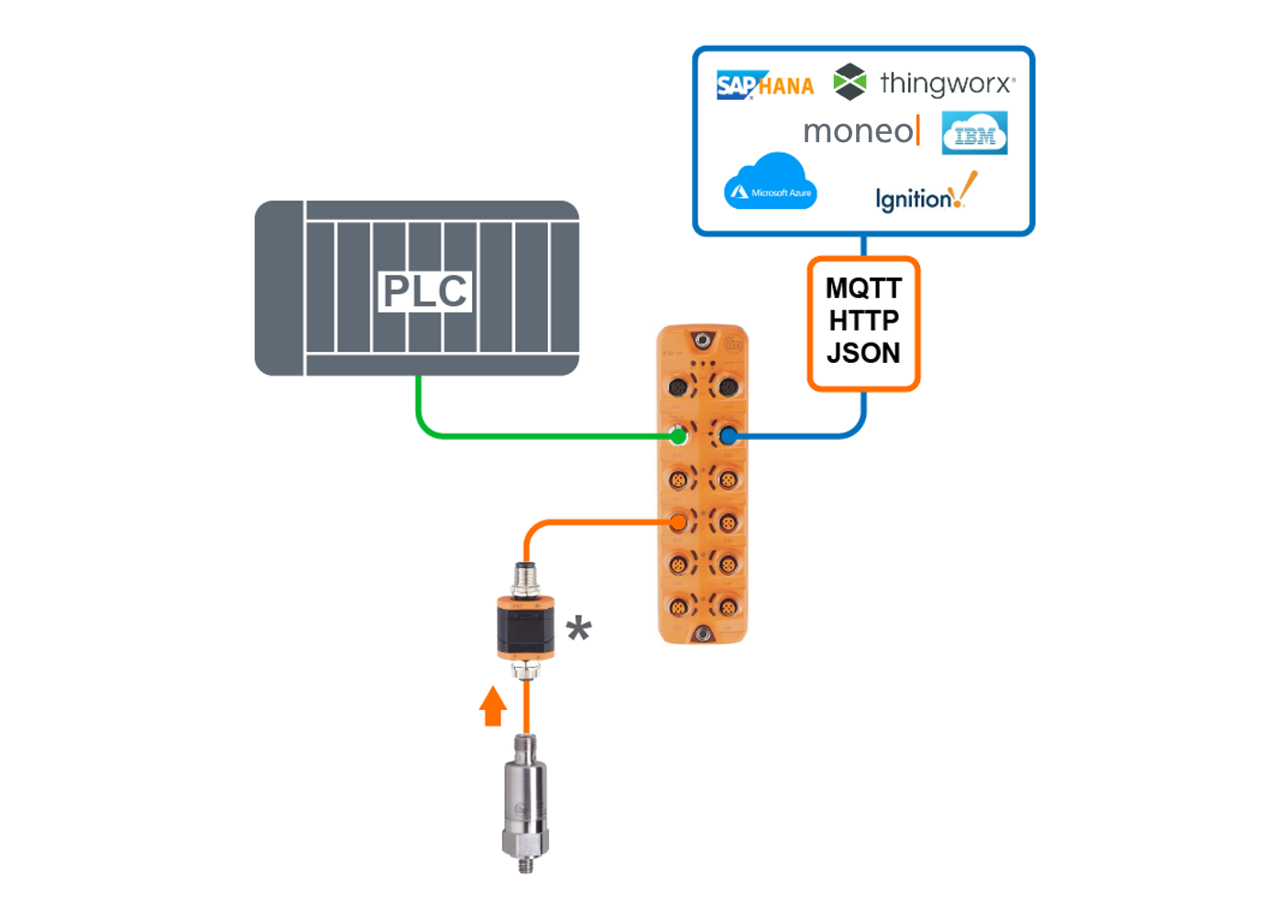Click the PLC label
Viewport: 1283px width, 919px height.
coord(424,291)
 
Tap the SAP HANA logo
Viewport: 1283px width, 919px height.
coord(765,85)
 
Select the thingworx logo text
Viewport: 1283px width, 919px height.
coord(947,83)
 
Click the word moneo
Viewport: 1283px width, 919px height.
coord(859,132)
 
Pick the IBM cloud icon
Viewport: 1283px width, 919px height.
coord(975,134)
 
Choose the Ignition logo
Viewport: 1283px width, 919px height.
coord(924,195)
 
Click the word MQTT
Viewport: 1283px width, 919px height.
coord(863,289)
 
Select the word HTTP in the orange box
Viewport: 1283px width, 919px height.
coord(863,321)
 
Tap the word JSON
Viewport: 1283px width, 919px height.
coord(863,353)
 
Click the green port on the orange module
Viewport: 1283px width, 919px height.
coord(678,435)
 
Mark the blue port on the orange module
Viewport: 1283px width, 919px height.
coord(729,435)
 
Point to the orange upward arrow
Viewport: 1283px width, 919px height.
coord(493,706)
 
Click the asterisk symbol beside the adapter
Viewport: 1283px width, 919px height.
coord(578,629)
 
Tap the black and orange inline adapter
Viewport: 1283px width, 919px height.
coord(525,628)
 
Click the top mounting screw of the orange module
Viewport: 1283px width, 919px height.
coord(703,341)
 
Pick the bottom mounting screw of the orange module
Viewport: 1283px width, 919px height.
coord(703,633)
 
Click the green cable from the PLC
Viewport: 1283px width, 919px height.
coord(532,435)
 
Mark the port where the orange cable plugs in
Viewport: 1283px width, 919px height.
coord(678,522)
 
